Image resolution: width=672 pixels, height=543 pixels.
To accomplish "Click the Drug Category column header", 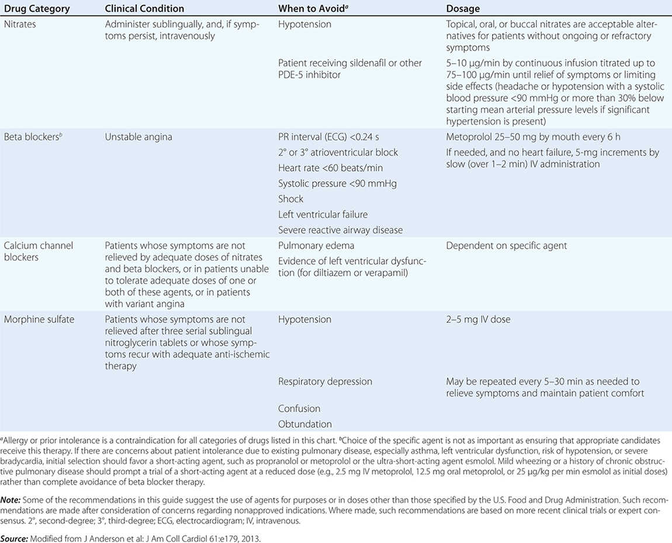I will [x=37, y=9].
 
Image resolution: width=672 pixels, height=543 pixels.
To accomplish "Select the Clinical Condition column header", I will [x=144, y=9].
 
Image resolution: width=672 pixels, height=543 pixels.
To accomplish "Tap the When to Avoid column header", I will [x=314, y=9].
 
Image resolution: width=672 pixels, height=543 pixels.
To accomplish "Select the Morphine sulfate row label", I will [x=43, y=320].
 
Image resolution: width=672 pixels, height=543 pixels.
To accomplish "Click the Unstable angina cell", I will [x=138, y=137].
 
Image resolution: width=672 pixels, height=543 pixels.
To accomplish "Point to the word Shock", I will [x=290, y=199].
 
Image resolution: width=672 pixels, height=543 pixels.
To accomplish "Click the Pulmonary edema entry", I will [x=316, y=245].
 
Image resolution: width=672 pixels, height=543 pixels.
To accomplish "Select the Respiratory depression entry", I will [x=325, y=382].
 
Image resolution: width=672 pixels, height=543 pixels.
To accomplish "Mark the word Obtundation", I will [x=305, y=424].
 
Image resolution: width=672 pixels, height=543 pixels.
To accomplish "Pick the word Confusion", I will [x=299, y=409].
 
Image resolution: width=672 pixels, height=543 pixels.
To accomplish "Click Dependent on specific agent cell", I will [x=507, y=245].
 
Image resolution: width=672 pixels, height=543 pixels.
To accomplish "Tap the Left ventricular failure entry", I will [x=323, y=215].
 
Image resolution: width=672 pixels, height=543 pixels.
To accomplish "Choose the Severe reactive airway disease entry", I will [x=341, y=230].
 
